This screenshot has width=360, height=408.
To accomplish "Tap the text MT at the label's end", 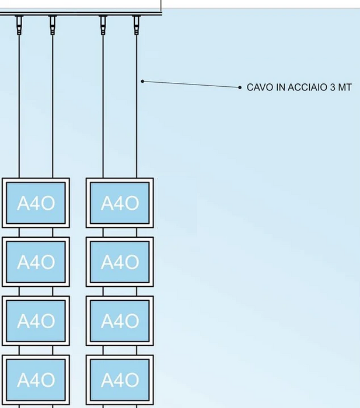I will tap(345, 87).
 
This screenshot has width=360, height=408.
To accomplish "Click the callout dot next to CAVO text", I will tap(240, 87).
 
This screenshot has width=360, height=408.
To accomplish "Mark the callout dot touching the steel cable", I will tap(142, 81).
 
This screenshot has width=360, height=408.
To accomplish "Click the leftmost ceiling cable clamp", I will tap(19, 24).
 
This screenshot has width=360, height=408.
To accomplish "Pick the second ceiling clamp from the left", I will tap(53, 24).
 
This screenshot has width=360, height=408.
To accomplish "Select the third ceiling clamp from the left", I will tap(103, 24).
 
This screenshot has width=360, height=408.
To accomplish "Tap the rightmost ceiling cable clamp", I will tap(137, 24).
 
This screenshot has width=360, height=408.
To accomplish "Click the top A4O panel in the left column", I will tap(36, 203).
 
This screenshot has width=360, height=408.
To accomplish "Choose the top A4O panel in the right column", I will tap(120, 203).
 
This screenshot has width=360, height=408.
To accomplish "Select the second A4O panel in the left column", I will tap(36, 262).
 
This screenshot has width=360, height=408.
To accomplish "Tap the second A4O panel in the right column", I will tap(120, 262).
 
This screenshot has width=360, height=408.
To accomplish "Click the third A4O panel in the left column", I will tap(36, 321).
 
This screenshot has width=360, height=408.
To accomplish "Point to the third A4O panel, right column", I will tap(120, 321).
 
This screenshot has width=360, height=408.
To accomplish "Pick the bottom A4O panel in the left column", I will tap(36, 379).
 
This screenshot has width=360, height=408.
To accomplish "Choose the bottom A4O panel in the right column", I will tap(120, 379).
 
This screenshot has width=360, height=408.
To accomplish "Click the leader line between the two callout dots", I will tap(191, 85).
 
